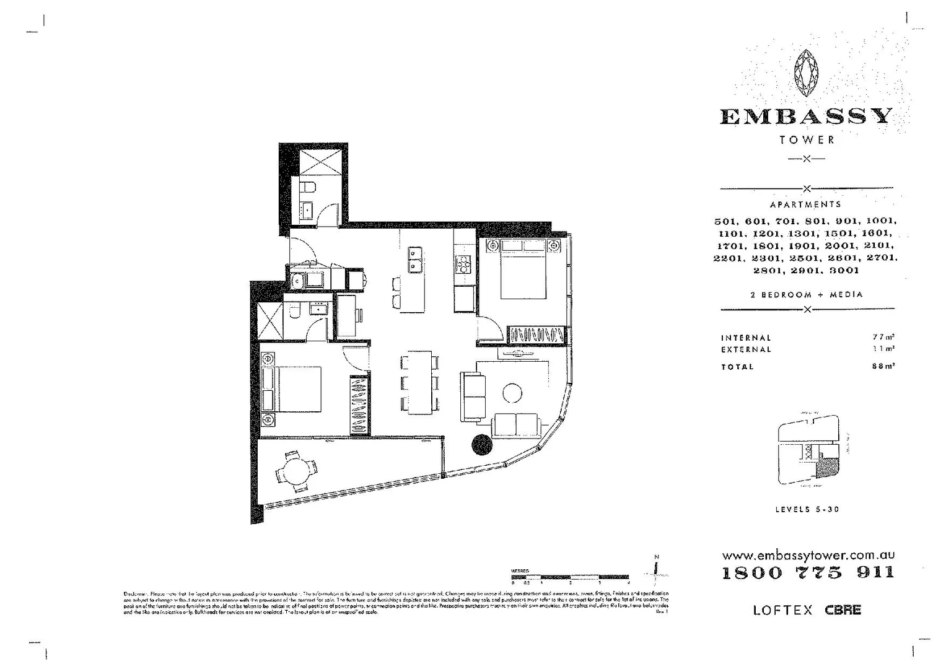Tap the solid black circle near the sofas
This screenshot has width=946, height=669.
pyautogui.click(x=481, y=444)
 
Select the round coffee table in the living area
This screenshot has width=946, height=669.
pyautogui.click(x=512, y=393)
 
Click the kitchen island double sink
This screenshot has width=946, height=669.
pyautogui.click(x=415, y=259)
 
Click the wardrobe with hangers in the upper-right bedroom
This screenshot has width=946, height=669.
pyautogui.click(x=537, y=335)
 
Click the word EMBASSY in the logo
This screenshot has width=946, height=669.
pyautogui.click(x=806, y=117)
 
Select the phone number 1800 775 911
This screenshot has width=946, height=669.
pyautogui.click(x=808, y=572)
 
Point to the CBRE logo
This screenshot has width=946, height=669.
pyautogui.click(x=843, y=610)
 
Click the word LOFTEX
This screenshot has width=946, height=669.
pyautogui.click(x=782, y=610)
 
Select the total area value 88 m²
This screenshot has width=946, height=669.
pyautogui.click(x=882, y=366)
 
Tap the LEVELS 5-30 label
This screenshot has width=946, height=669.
pyautogui.click(x=807, y=509)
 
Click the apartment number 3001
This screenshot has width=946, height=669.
pyautogui.click(x=844, y=271)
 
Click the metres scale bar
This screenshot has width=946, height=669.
pyautogui.click(x=570, y=577)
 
